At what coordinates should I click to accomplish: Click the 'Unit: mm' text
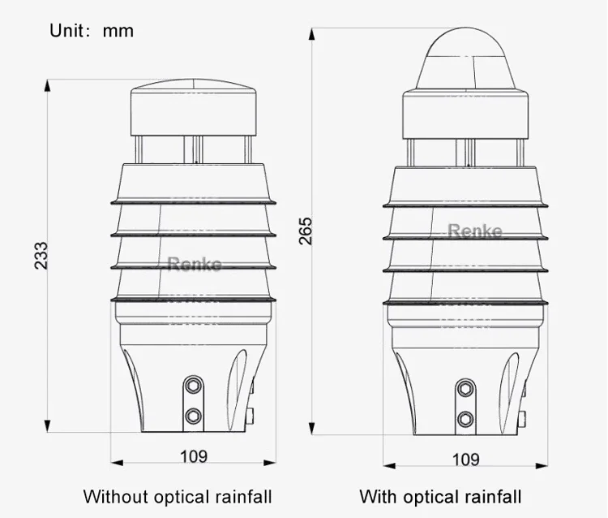pos(92,31)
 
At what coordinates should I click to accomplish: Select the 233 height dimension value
pos(41,255)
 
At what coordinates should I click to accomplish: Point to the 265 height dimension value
pos(305,231)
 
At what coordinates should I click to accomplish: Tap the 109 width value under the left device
pos(193,455)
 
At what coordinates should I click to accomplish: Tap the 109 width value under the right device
pos(465,459)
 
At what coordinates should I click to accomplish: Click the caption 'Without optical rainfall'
pos(178,496)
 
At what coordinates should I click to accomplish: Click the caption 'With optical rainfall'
pos(440,496)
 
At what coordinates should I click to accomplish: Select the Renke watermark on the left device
pos(194,264)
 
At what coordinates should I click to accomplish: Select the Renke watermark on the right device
pos(476,231)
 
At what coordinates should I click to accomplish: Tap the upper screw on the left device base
pos(193,383)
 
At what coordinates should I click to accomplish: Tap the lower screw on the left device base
pos(193,416)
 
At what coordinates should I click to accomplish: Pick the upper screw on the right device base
pos(465,389)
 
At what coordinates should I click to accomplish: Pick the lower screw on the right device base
pos(465,419)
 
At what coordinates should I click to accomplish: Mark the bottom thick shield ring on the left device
pos(194,301)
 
